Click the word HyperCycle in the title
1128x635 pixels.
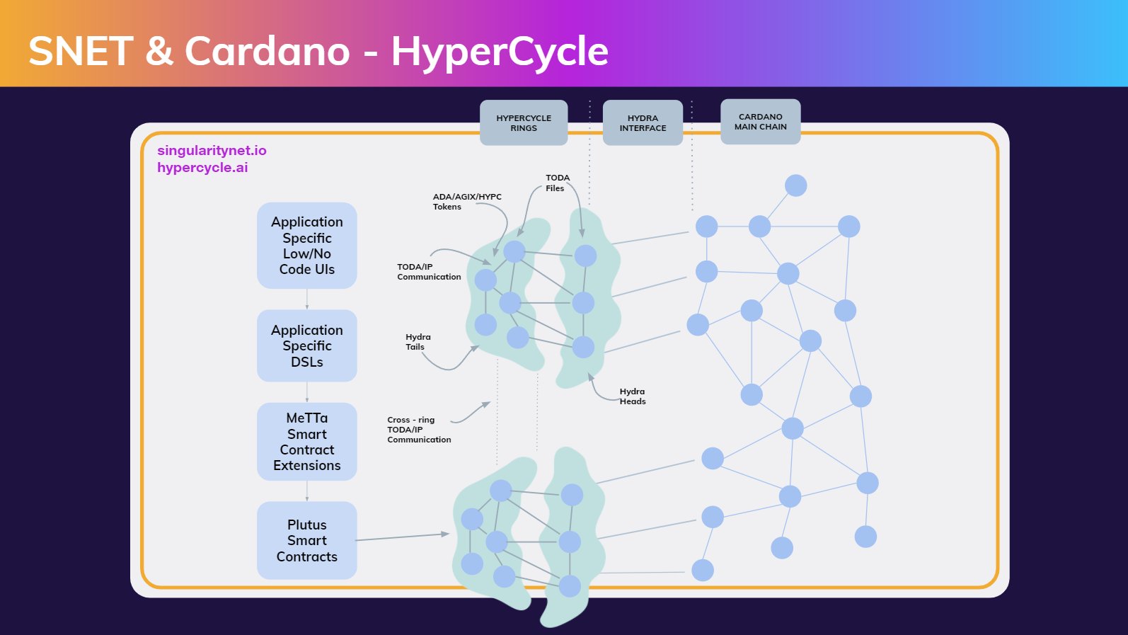pyautogui.click(x=500, y=52)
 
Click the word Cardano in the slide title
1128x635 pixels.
pyautogui.click(x=267, y=52)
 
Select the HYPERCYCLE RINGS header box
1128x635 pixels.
pyautogui.click(x=524, y=123)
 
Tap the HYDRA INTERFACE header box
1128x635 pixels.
pyautogui.click(x=643, y=123)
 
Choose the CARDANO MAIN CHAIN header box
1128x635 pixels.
pyautogui.click(x=760, y=122)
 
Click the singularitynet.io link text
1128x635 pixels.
pyautogui.click(x=212, y=150)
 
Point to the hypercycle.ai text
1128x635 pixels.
pyautogui.click(x=202, y=168)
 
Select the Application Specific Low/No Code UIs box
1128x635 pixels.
pyautogui.click(x=306, y=246)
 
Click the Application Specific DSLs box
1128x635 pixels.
pyautogui.click(x=306, y=345)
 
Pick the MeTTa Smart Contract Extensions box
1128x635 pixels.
pyautogui.click(x=306, y=442)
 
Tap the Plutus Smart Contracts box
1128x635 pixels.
pyautogui.click(x=306, y=540)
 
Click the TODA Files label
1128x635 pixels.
pyautogui.click(x=557, y=183)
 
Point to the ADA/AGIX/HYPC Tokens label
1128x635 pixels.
pyautogui.click(x=466, y=202)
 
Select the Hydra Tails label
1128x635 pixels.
pyautogui.click(x=418, y=342)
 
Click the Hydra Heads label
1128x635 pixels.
pyautogui.click(x=632, y=396)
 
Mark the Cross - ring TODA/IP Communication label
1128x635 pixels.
pyautogui.click(x=418, y=430)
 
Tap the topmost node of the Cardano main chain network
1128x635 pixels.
pyautogui.click(x=795, y=185)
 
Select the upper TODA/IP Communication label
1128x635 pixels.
pyautogui.click(x=428, y=272)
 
